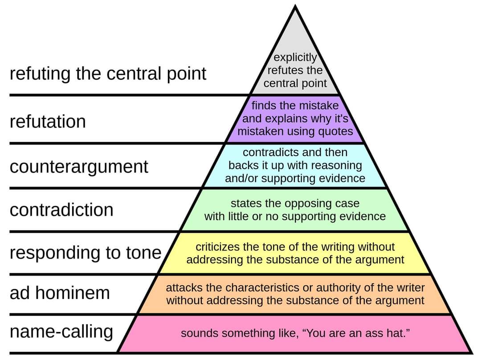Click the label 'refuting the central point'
click(x=108, y=74)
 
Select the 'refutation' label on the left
click(x=48, y=121)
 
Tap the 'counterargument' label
click(x=79, y=166)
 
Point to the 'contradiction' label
click(x=61, y=210)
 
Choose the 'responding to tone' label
click(x=86, y=253)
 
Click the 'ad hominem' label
click(x=60, y=293)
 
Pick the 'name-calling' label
click(x=61, y=332)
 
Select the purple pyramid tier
click(x=295, y=119)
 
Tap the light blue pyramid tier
click(x=295, y=166)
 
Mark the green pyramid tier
click(x=295, y=210)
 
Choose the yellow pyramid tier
click(x=295, y=253)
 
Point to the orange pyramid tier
click(x=295, y=294)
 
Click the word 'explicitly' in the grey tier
click(x=295, y=57)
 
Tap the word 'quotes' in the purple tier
click(x=335, y=131)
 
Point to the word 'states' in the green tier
click(x=244, y=203)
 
